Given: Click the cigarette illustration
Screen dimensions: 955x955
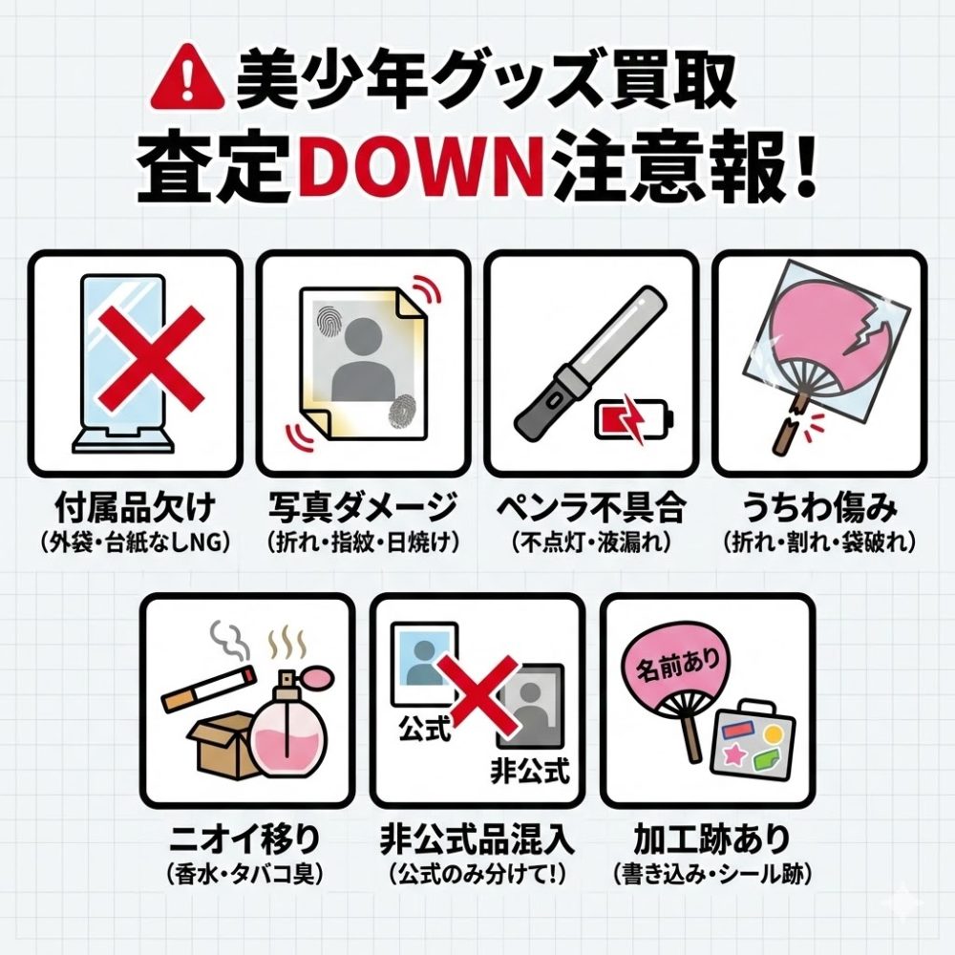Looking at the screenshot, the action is (x=208, y=688).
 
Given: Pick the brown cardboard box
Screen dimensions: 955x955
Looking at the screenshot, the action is (x=221, y=744).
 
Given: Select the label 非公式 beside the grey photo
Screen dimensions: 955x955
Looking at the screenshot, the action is (x=530, y=770).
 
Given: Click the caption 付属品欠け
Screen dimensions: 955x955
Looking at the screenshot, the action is (x=136, y=508).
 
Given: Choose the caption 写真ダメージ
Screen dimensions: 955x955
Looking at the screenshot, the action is (x=363, y=508).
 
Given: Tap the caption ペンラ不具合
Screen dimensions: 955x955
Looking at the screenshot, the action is (x=591, y=508).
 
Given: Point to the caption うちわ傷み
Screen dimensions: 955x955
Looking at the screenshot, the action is (x=819, y=508).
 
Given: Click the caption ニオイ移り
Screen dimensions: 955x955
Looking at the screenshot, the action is (x=244, y=839).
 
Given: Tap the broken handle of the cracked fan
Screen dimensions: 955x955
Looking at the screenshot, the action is (x=786, y=425).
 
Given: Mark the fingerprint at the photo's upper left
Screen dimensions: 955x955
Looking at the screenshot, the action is (x=329, y=316).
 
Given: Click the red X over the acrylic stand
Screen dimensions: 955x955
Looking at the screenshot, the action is (x=151, y=358).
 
